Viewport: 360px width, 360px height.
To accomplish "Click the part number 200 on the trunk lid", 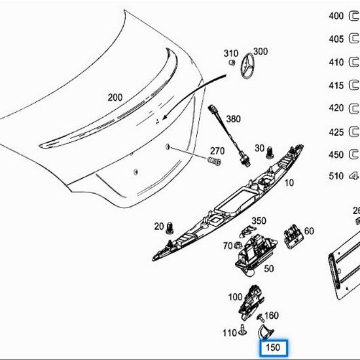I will [115, 98].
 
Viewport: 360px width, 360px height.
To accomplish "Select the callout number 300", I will [261, 52].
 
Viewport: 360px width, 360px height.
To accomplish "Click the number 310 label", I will [231, 54].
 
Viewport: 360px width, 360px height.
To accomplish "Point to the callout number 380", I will [233, 120].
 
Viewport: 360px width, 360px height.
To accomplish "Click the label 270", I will [217, 150].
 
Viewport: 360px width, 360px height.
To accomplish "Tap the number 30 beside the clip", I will [260, 148].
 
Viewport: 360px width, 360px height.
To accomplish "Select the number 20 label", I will [158, 226].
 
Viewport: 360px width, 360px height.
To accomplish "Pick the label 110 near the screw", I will [228, 333].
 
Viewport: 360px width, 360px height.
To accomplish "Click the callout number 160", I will [271, 316].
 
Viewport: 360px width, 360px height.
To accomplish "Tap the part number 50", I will [268, 268].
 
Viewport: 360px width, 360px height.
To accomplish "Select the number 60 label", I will [308, 231].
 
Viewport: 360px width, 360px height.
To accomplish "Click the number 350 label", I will [259, 221].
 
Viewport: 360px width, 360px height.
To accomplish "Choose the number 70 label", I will [228, 246].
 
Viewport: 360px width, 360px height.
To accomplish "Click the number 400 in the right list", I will [336, 16].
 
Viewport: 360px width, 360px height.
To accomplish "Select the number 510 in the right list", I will [336, 175].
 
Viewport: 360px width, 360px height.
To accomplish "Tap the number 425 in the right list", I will [336, 132].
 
